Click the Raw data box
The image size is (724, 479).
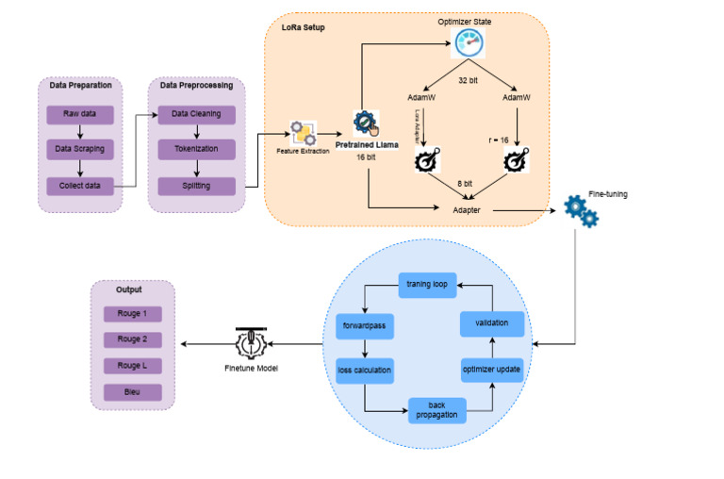(x=80, y=114)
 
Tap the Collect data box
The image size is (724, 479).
(x=80, y=186)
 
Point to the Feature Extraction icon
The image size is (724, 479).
(x=303, y=131)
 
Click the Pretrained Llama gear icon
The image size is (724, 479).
(x=366, y=124)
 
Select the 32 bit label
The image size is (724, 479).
(x=469, y=82)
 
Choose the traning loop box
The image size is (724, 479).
(x=426, y=283)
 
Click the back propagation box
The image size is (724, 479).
(x=436, y=410)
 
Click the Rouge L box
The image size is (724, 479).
(x=132, y=365)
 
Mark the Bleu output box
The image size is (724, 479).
(x=132, y=391)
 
